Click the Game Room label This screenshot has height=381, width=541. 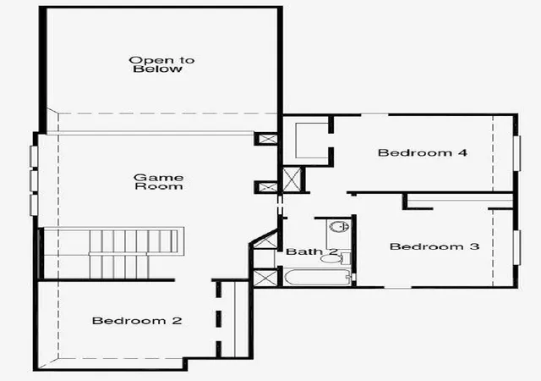click(x=158, y=182)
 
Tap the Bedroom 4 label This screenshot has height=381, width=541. click(x=423, y=152)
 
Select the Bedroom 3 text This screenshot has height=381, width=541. click(x=434, y=246)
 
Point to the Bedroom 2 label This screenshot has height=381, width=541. click(x=137, y=321)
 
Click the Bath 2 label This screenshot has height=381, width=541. click(x=312, y=251)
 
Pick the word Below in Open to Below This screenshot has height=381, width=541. click(x=158, y=69)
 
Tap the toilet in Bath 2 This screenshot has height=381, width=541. click(x=336, y=258)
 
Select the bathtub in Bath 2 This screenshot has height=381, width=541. click(x=317, y=277)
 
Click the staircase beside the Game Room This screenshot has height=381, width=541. click(x=111, y=253)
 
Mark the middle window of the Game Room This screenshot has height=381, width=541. click(x=34, y=180)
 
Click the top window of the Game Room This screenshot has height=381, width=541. click(x=34, y=157)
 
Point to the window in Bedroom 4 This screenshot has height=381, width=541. click(x=516, y=153)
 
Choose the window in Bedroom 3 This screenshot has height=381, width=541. click(x=516, y=247)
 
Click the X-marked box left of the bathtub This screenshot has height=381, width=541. click(x=265, y=279)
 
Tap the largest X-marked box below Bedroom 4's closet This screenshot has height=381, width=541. click(x=292, y=179)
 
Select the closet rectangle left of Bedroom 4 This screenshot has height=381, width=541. click(x=312, y=141)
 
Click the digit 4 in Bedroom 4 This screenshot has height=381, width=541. click(x=463, y=152)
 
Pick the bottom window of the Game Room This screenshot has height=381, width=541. click(x=34, y=205)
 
